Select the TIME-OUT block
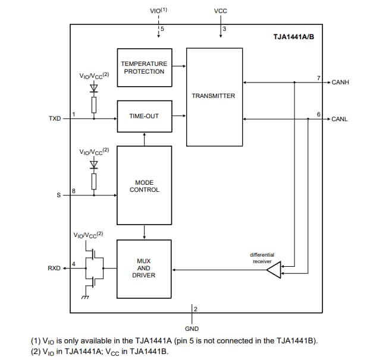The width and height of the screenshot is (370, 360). point(143,116)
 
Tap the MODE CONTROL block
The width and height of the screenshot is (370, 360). point(144,185)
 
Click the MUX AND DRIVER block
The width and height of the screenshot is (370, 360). point(144,269)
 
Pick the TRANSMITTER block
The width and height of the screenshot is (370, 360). point(214,96)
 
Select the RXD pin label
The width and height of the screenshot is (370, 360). point(54,269)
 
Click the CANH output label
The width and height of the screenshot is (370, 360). point(340,82)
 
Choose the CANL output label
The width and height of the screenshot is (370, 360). point(339,119)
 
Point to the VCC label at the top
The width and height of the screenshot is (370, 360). point(220,11)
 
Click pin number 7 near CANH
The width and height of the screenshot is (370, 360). point(319,77)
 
